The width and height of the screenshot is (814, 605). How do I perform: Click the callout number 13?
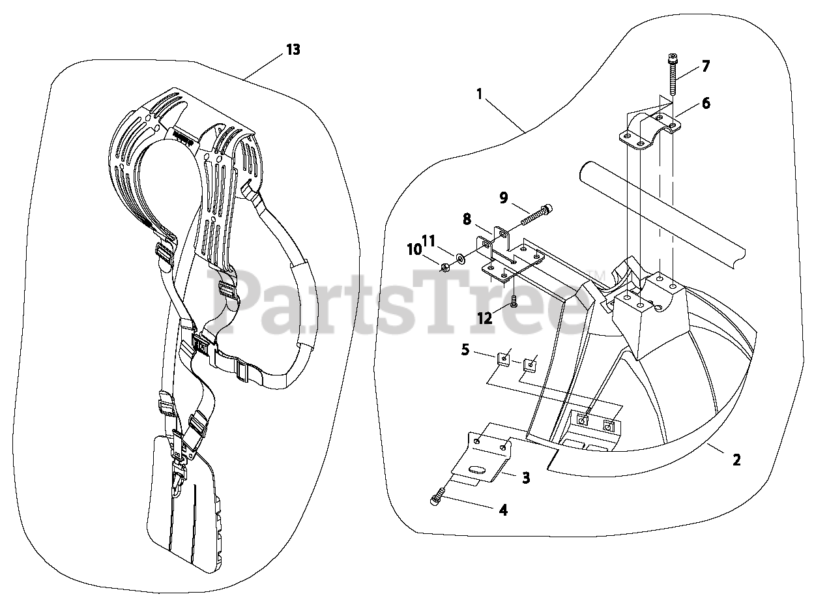pos(293,49)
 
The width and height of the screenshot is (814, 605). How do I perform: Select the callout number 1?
pos(479,94)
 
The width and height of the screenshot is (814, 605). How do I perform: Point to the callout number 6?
pos(705,103)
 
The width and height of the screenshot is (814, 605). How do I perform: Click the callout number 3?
pos(525,478)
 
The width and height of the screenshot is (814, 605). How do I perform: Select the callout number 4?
pos(502,510)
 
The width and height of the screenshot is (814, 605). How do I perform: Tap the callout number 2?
pos(736,460)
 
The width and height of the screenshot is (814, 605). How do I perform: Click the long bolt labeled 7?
pos(673,79)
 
